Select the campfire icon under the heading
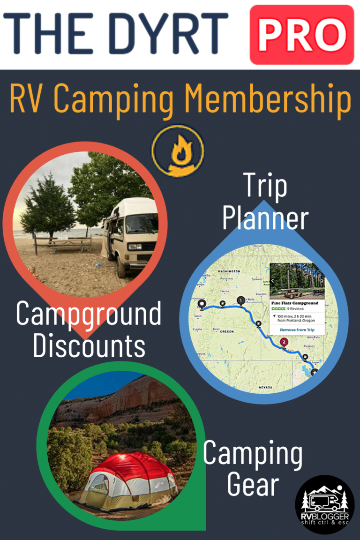coord(178,150)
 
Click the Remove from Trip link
coord(297,330)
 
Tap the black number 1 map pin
coord(241,300)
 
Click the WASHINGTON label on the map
coord(229,271)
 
